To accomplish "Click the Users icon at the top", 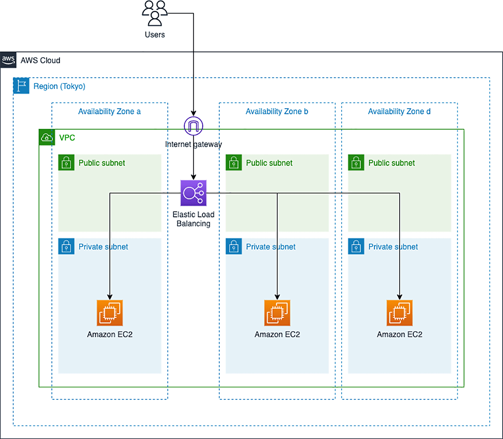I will pos(155,13).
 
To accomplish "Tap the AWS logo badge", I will pos(8,60).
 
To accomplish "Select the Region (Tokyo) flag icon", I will pos(21,86).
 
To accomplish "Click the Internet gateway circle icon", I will pos(193,126).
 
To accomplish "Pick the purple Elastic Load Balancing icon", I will pos(193,193).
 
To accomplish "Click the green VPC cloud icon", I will pos(47,137).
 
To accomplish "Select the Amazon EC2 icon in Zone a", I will pos(110,313).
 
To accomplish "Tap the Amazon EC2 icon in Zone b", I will pos(277,313).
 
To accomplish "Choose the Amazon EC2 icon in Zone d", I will pos(399,313).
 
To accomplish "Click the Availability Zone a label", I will pos(109,111).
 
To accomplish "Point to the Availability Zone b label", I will pos(277,111).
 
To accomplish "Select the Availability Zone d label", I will pos(399,111).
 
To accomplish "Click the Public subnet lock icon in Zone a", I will pos(66,163).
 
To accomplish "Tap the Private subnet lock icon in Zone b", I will pos(234,246).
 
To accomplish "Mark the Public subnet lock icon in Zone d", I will pos(356,163).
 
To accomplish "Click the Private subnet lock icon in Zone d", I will pos(356,246).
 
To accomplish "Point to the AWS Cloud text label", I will pos(40,60).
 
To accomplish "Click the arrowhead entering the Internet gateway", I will pos(193,113).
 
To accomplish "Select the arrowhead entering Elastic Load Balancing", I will pos(193,177).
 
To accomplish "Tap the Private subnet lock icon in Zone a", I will pos(66,246).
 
